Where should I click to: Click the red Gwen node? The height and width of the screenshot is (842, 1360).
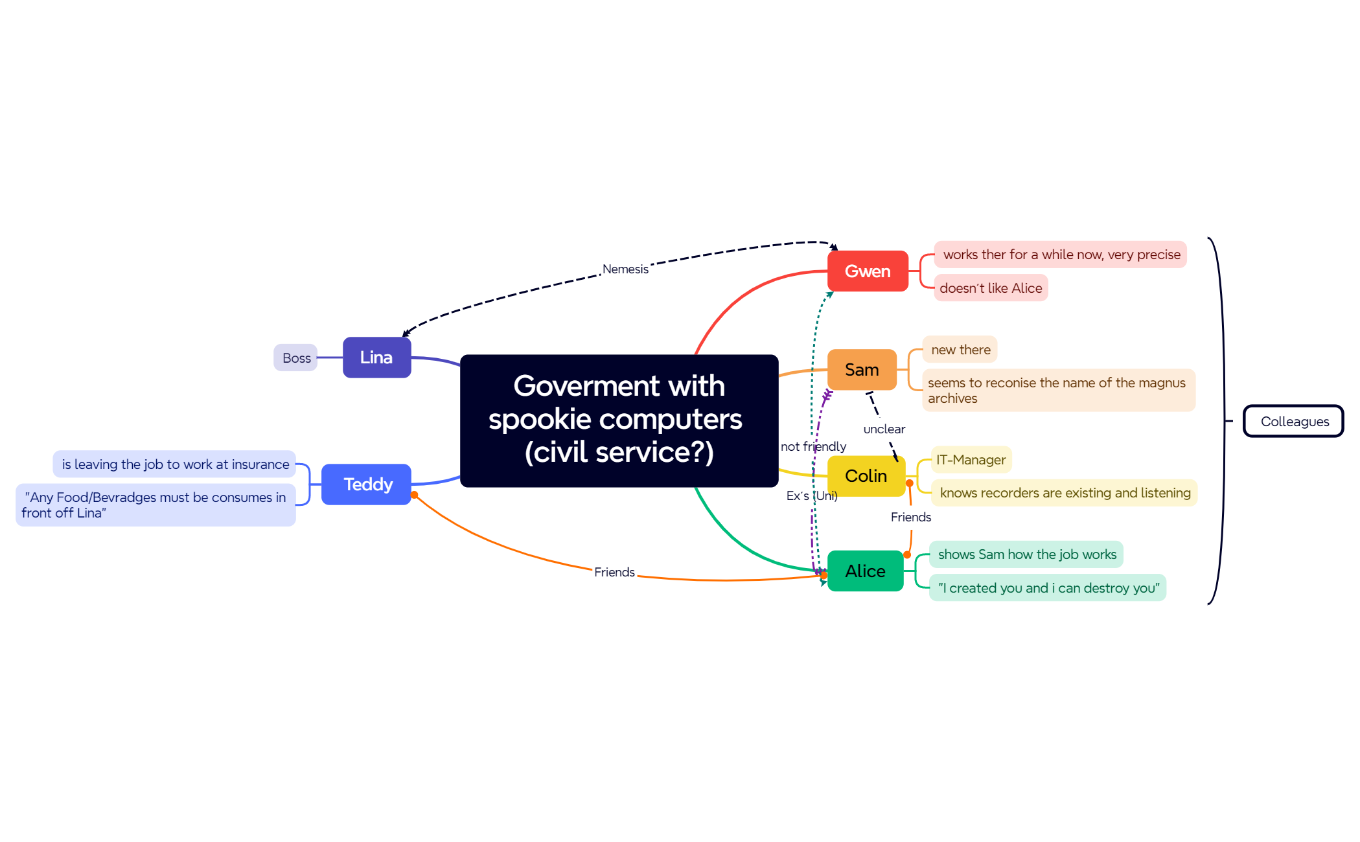[868, 271]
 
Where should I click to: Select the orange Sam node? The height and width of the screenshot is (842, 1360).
[862, 370]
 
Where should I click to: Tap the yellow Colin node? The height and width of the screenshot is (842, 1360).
[866, 476]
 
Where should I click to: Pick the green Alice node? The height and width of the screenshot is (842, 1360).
[865, 571]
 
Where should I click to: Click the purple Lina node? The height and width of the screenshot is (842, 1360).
[376, 358]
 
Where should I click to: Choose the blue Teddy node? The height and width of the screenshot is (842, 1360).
[366, 484]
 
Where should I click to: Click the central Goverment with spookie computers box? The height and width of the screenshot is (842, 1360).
[619, 420]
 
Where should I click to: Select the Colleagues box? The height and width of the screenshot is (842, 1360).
[1293, 421]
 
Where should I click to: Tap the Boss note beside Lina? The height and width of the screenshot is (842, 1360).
[295, 358]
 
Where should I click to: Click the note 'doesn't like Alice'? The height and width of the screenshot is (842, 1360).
[991, 288]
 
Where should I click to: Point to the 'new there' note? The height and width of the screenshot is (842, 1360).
[960, 350]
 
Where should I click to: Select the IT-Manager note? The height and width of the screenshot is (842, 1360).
[971, 460]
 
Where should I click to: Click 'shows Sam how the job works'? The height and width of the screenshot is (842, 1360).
[1027, 554]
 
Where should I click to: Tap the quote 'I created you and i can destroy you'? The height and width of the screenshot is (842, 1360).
[1048, 588]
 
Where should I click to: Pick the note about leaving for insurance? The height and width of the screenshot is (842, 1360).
[174, 464]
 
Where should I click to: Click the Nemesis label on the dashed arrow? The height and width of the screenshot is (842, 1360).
[625, 269]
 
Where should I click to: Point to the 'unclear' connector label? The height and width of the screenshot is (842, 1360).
[884, 429]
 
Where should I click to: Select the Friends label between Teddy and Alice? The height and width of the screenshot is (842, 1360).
[614, 572]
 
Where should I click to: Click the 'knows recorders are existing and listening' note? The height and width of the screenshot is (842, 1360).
[1065, 493]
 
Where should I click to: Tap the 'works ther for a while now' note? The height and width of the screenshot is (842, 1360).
[1061, 255]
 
